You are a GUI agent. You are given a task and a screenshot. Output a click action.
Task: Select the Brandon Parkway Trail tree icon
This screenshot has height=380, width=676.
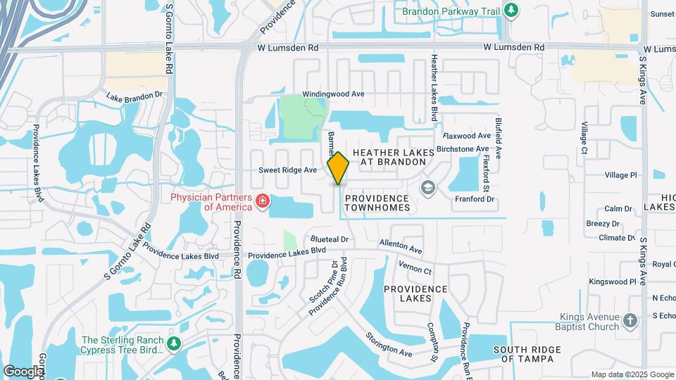click(513, 11)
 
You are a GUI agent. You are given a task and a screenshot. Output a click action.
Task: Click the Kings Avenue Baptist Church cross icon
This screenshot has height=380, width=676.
click(630, 321)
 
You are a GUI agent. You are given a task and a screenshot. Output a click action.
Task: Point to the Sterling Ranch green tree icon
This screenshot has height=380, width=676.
click(174, 344)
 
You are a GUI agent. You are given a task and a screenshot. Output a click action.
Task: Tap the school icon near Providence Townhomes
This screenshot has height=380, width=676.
click(427, 187)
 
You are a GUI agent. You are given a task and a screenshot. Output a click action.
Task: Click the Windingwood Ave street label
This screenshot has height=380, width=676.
click(333, 94)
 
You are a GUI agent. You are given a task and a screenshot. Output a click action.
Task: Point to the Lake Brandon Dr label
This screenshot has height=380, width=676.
click(134, 96)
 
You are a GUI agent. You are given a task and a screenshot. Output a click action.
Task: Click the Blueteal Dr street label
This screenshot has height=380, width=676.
click(329, 239)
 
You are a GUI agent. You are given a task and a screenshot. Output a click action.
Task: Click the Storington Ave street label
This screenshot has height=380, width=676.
click(387, 343)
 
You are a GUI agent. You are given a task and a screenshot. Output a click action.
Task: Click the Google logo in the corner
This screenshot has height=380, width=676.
click(23, 370)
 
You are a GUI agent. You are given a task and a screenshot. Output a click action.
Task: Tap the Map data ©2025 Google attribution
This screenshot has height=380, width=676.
click(632, 374)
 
